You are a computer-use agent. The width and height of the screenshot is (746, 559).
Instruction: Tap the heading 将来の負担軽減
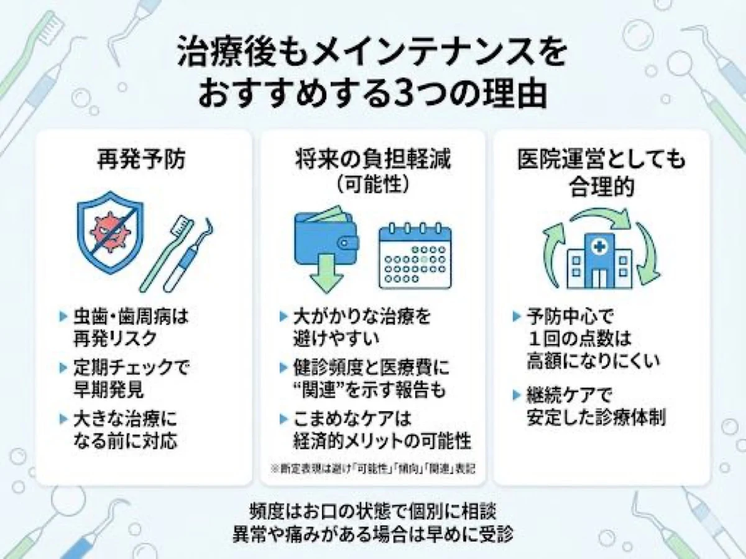[373, 160]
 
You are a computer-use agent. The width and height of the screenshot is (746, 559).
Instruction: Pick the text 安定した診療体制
[596, 417]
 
